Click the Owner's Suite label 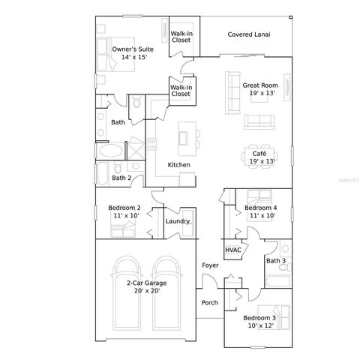[130, 49]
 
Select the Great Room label [259, 85]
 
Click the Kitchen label [178, 164]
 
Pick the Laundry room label [177, 221]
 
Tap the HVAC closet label [232, 250]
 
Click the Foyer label [209, 266]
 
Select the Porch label [210, 303]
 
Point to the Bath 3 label [276, 261]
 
